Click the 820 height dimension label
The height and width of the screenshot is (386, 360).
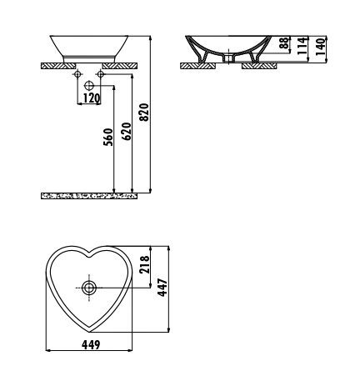click(144, 113)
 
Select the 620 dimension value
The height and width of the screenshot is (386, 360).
click(127, 132)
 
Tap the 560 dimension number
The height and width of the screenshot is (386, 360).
click(108, 137)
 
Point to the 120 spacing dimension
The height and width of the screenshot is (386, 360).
click(92, 98)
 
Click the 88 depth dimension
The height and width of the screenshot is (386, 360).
click(284, 43)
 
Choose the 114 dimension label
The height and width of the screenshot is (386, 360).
click(302, 46)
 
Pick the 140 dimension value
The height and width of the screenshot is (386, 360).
click(320, 47)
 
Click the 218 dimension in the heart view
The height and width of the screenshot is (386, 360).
click(144, 265)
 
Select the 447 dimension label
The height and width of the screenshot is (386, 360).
click(162, 288)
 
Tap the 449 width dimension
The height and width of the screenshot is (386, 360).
click(91, 345)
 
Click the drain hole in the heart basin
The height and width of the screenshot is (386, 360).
click(89, 288)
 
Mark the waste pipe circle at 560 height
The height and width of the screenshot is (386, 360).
click(89, 85)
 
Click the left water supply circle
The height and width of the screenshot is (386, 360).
click(77, 74)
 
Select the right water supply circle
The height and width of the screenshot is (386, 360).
click(100, 74)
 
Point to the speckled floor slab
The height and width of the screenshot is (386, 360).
click(89, 196)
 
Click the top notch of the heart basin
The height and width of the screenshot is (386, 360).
click(89, 254)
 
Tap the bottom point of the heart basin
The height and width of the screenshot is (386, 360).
click(89, 332)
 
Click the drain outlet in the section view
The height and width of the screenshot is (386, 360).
click(228, 58)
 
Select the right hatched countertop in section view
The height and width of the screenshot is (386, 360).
click(259, 66)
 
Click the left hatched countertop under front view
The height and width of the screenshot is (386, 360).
click(58, 66)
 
